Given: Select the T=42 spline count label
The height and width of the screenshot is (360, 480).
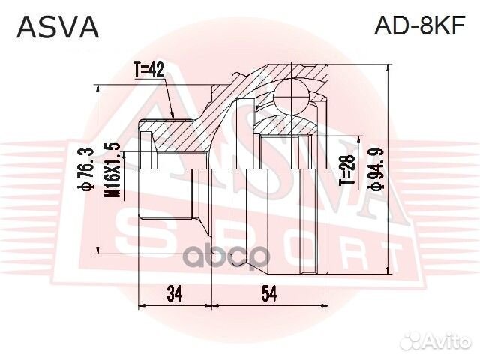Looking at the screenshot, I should pos(149,70).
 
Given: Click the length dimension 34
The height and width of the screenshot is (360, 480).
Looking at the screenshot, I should pos(175,294).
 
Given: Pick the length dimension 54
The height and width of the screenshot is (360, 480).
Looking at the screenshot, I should pos(268,294).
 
